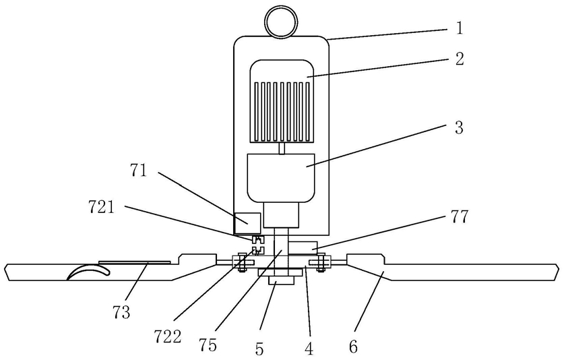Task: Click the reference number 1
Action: (459, 28)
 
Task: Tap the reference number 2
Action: (460, 59)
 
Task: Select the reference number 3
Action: (459, 127)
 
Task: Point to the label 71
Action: (139, 171)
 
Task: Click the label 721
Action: (102, 208)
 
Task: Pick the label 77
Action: (459, 216)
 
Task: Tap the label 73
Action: (121, 312)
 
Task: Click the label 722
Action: (168, 336)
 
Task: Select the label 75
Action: (208, 345)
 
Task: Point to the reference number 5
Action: (259, 349)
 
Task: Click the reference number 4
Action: (309, 348)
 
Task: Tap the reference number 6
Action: (354, 347)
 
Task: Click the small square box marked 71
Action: (247, 223)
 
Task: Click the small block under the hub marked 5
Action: (281, 281)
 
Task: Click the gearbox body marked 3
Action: (281, 178)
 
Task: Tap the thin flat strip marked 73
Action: (135, 262)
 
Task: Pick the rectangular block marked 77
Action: (303, 248)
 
